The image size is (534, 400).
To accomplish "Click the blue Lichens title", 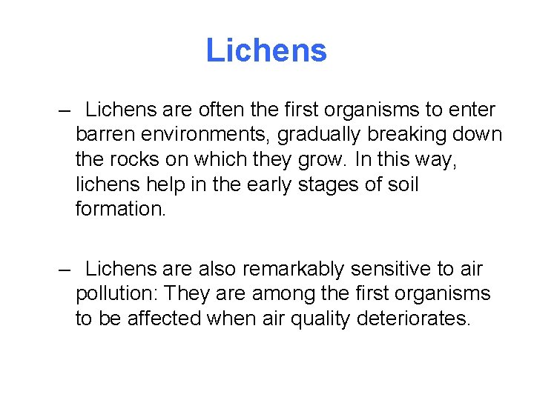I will [266, 50].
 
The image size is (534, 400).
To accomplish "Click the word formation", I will [121, 209].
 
